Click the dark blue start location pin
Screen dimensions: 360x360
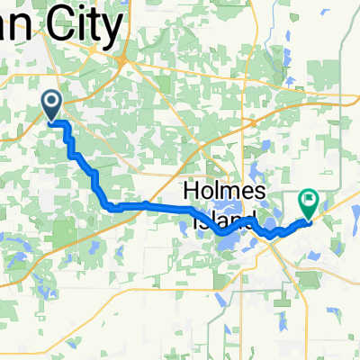tap(51, 106)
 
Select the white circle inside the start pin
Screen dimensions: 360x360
tap(51, 102)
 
